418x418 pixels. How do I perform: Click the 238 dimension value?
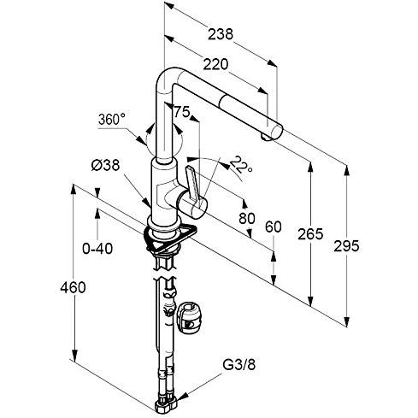(221, 34)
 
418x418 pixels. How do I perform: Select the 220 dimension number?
(215, 65)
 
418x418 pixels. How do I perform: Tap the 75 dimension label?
(182, 112)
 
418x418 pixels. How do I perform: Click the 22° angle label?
(241, 164)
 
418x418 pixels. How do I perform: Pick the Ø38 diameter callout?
(105, 165)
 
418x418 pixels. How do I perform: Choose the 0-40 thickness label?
(97, 249)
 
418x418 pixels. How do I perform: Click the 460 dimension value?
(73, 287)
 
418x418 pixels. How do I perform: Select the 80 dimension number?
(247, 219)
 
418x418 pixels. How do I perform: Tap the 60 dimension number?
(274, 227)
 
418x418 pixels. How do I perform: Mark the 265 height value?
(310, 234)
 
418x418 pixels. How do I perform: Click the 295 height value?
(346, 246)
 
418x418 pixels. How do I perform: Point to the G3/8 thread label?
(239, 364)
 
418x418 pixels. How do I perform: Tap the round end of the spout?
(276, 132)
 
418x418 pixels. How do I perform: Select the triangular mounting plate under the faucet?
(172, 238)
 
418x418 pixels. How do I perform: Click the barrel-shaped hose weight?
(189, 318)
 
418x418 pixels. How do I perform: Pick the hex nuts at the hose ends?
(166, 405)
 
